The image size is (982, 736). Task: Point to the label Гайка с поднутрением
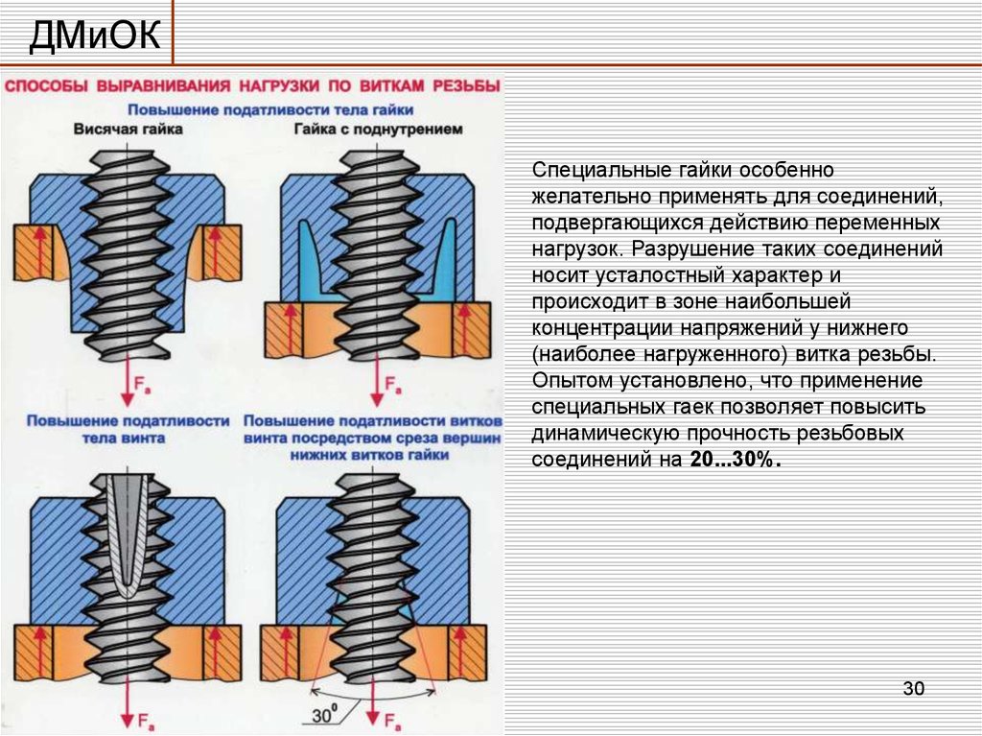click(x=378, y=128)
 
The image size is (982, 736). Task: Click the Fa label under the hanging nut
click(x=142, y=387)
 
